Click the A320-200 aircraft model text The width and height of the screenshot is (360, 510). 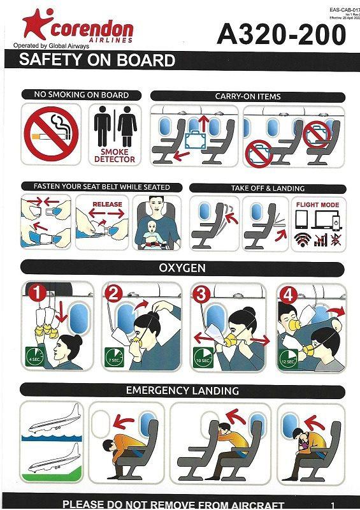tap(281, 34)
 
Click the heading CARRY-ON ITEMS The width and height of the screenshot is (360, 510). tap(248, 96)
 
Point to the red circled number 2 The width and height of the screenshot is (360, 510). tap(115, 294)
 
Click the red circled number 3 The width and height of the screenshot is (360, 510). tap(202, 294)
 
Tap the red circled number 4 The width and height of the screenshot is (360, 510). tap(287, 295)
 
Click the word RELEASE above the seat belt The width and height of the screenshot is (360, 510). tap(107, 205)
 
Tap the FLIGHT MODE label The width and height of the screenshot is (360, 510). tap(317, 205)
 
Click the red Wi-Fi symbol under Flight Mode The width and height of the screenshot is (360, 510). tap(301, 241)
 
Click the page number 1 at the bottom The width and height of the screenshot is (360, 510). tap(333, 504)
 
